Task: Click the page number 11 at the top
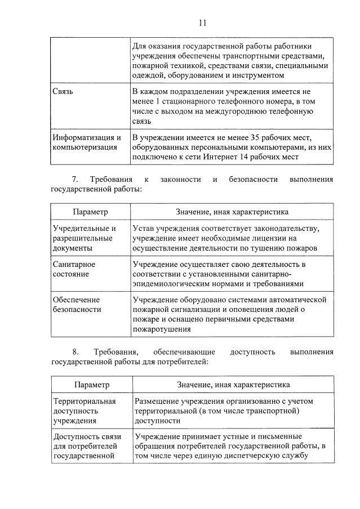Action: (x=203, y=23)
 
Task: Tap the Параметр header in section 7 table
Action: (x=90, y=212)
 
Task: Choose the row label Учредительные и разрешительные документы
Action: (x=84, y=238)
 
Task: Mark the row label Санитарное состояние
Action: (x=73, y=269)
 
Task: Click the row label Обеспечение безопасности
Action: (x=76, y=304)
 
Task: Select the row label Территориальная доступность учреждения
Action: (x=84, y=410)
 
